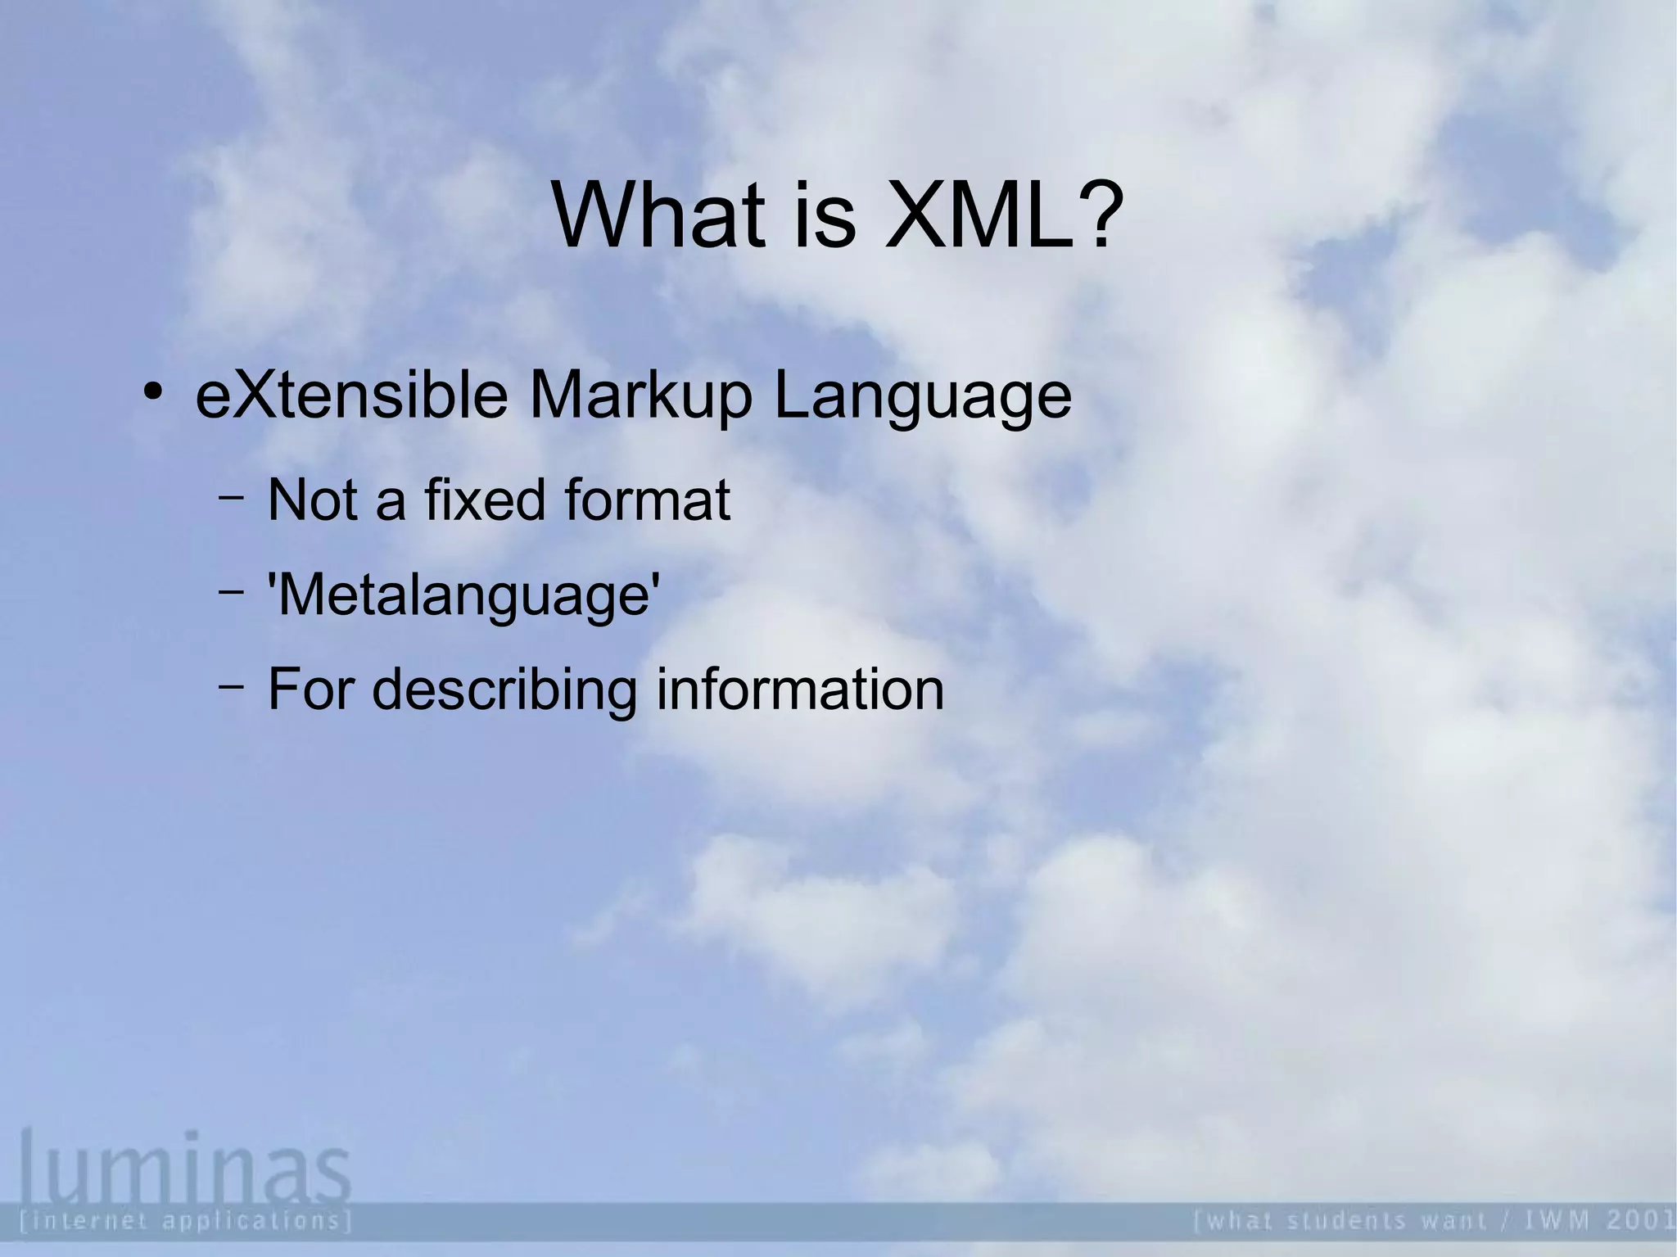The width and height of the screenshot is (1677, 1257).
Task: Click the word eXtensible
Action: pos(351,396)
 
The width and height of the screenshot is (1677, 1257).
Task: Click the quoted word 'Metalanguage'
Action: pos(464,596)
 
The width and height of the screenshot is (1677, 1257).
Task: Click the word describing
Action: pos(504,690)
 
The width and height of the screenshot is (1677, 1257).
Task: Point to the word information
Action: pos(800,689)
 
